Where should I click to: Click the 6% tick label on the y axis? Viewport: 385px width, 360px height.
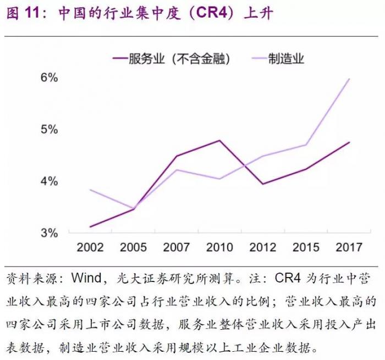(x=49, y=77)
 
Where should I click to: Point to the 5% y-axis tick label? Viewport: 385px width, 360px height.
(x=49, y=130)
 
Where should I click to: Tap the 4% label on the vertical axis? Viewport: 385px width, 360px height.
(x=49, y=181)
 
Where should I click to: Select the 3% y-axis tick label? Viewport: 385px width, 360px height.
(x=49, y=233)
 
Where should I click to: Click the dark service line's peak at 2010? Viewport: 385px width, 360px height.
(x=219, y=140)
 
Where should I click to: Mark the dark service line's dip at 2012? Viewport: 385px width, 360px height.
(x=263, y=184)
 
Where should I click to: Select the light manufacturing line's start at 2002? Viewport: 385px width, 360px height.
(x=90, y=190)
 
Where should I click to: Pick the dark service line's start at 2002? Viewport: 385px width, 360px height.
(x=90, y=226)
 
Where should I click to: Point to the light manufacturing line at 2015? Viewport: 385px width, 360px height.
(x=306, y=145)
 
